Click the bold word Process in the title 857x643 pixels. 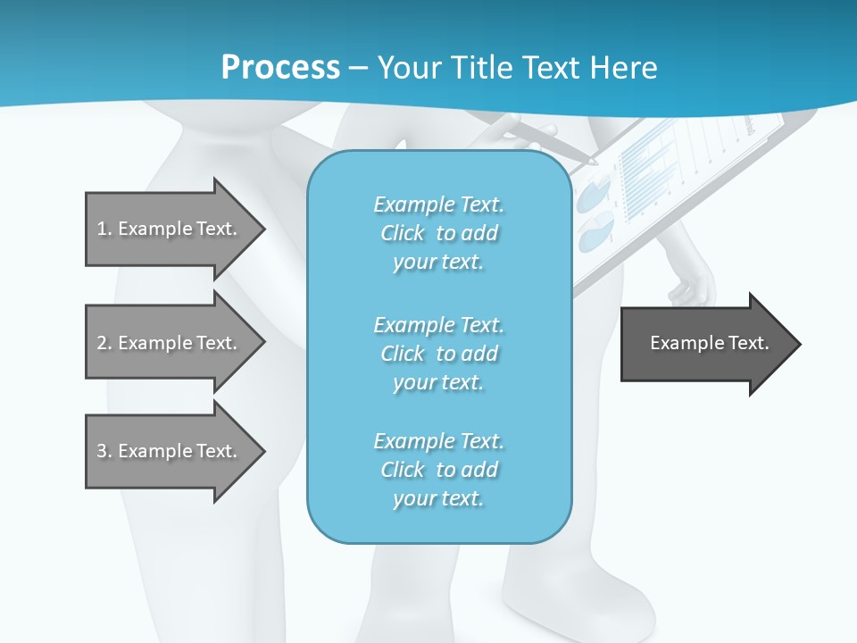[280, 68]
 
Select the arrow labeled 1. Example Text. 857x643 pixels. [170, 229]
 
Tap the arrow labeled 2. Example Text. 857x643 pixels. [170, 343]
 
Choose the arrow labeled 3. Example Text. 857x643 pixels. [170, 451]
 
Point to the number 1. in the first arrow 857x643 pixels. [104, 229]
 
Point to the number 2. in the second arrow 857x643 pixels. [104, 343]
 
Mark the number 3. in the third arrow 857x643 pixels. [104, 451]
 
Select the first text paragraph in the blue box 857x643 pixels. [438, 233]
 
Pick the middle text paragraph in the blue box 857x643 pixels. [438, 354]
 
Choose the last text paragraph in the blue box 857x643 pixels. [438, 470]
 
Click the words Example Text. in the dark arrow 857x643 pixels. [710, 343]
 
